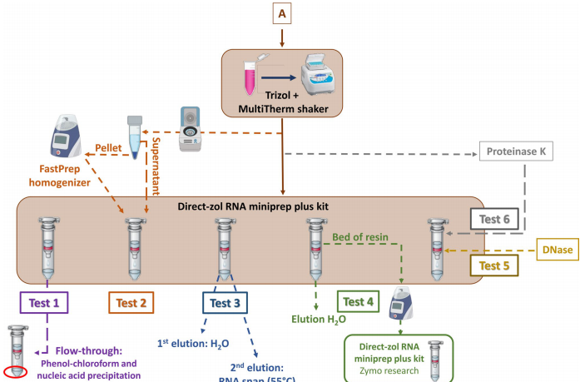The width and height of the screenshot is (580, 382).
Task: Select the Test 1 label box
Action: click(44, 304)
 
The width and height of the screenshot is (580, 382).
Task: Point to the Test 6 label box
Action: click(494, 221)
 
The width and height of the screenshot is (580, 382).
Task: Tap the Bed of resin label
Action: click(364, 237)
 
